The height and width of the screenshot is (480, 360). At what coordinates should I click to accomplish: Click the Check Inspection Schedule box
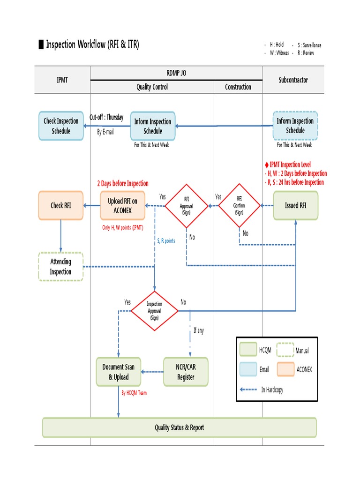click(x=61, y=126)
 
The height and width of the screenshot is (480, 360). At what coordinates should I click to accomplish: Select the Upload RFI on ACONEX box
click(x=122, y=206)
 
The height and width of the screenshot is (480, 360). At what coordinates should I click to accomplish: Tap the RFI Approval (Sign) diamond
click(x=187, y=206)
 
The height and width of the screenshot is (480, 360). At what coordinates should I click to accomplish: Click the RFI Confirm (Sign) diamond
click(x=239, y=205)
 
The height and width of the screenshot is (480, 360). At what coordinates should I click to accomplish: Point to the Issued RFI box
click(x=296, y=206)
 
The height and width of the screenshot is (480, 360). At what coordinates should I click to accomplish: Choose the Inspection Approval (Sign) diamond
click(x=154, y=311)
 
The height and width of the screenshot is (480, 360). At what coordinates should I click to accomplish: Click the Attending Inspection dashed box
click(x=61, y=267)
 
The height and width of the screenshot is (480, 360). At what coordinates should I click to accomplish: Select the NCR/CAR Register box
click(x=186, y=372)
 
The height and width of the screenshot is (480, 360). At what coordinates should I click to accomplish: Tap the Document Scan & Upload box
click(x=119, y=372)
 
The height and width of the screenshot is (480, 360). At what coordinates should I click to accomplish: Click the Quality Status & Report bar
click(x=180, y=427)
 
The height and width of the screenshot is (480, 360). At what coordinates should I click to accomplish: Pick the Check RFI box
click(x=61, y=206)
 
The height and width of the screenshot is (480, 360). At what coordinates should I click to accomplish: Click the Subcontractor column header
click(x=293, y=80)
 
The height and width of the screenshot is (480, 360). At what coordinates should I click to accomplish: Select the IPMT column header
click(x=62, y=80)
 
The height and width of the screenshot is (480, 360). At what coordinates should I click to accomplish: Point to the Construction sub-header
click(x=238, y=87)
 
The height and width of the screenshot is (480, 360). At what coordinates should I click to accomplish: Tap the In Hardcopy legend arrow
click(x=248, y=390)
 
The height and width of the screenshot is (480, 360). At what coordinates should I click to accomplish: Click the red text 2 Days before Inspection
click(x=122, y=184)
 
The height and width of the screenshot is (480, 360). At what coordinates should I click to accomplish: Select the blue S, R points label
click(x=166, y=241)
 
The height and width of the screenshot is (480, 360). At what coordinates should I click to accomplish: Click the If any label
click(x=199, y=330)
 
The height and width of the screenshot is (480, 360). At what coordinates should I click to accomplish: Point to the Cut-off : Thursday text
click(x=107, y=117)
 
